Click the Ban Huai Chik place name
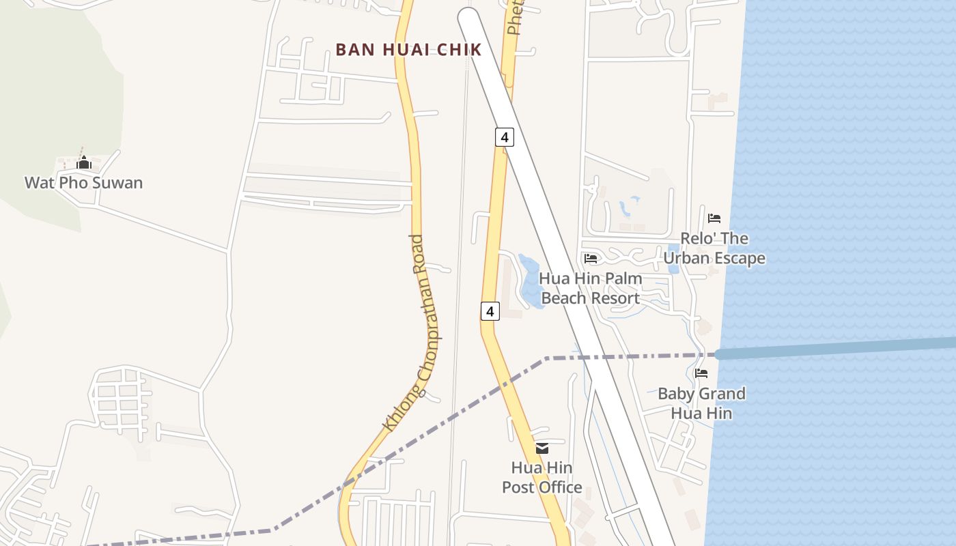(x=408, y=50)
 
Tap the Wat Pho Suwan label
(x=83, y=183)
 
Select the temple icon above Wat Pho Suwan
(x=84, y=162)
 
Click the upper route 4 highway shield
(x=504, y=137)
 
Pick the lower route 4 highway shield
(x=490, y=311)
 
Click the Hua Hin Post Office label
(x=542, y=478)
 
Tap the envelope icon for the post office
(x=542, y=448)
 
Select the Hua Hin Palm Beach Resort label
(x=591, y=288)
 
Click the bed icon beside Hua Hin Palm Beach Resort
(x=591, y=258)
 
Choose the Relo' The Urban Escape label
(x=714, y=248)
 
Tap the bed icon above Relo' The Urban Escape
(x=714, y=218)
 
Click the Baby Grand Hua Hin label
(x=701, y=403)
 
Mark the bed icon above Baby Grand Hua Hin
(x=701, y=373)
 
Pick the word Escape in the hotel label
(x=737, y=259)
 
